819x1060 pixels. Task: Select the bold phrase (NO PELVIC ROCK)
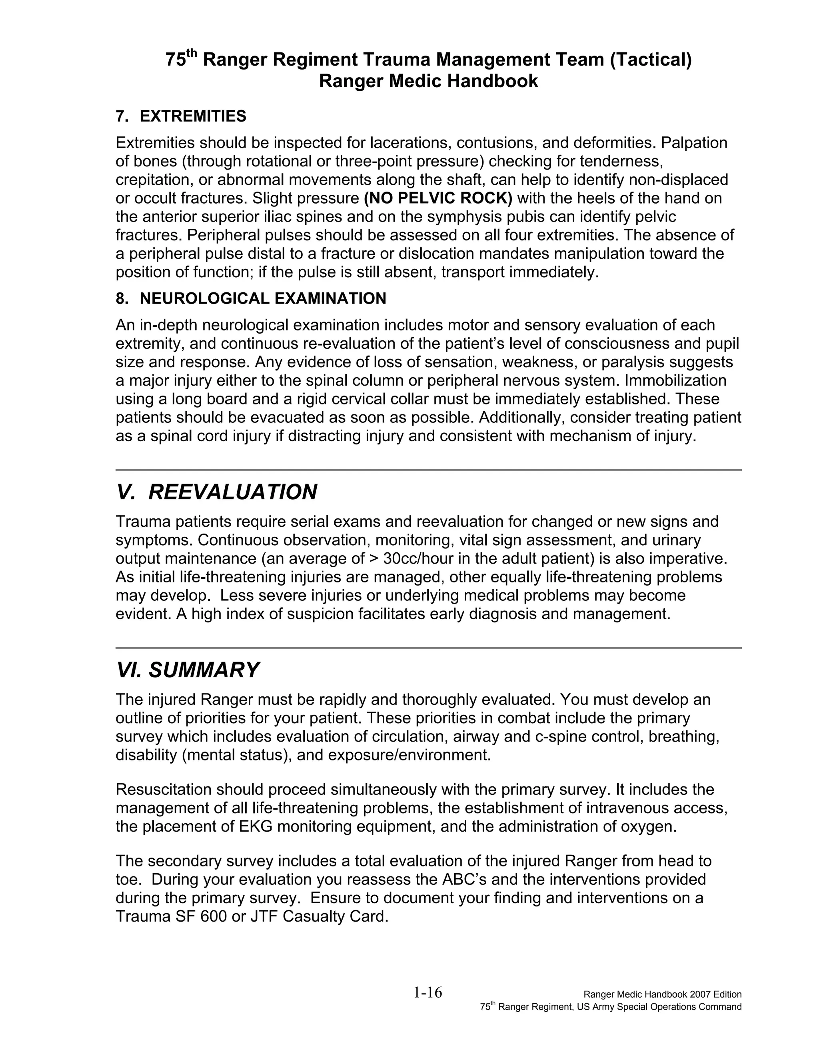click(438, 198)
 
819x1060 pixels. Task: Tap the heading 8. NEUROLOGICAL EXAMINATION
click(251, 298)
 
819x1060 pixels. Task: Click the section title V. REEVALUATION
click(216, 492)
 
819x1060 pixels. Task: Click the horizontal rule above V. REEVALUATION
click(428, 470)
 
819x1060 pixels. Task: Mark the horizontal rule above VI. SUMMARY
click(428, 648)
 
